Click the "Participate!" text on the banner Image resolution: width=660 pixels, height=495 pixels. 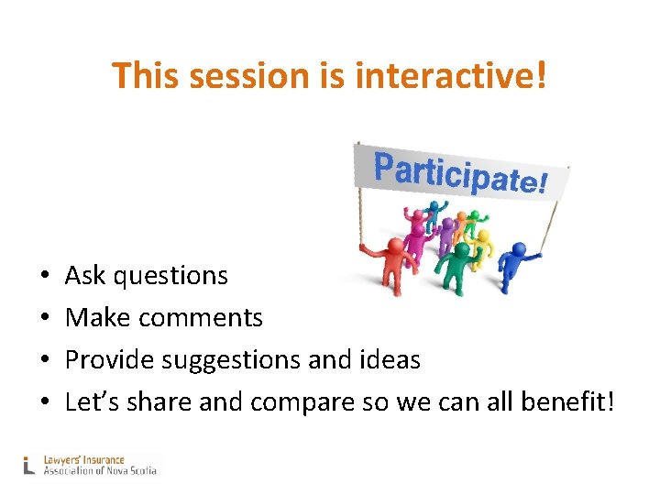pyautogui.click(x=460, y=174)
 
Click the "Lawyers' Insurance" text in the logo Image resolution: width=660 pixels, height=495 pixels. pyautogui.click(x=83, y=460)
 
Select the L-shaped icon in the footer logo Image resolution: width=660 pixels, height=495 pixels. pyautogui.click(x=29, y=466)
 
